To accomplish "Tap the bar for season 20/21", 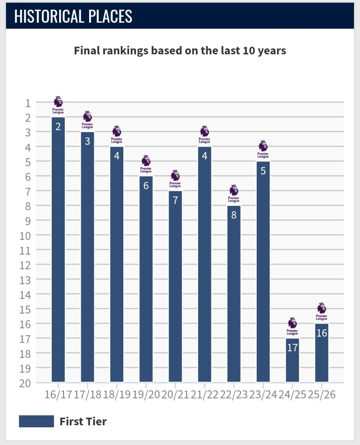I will pyautogui.click(x=175, y=286).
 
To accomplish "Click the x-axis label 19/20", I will pyautogui.click(x=145, y=395).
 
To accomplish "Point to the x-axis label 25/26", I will pyautogui.click(x=321, y=395).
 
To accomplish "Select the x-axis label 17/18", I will pyautogui.click(x=87, y=395).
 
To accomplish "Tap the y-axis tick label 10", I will pyautogui.click(x=25, y=235).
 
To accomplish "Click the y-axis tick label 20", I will pyautogui.click(x=25, y=382).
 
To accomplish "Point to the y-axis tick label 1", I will pyautogui.click(x=28, y=103).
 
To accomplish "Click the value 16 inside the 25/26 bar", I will pyautogui.click(x=321, y=333).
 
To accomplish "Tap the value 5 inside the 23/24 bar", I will pyautogui.click(x=263, y=171).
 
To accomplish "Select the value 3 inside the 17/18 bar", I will pyautogui.click(x=87, y=141).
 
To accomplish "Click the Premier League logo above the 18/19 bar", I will pyautogui.click(x=117, y=135).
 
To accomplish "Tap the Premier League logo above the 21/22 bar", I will pyautogui.click(x=205, y=135).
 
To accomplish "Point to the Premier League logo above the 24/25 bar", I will pyautogui.click(x=292, y=326).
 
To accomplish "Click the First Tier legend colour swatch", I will pyautogui.click(x=36, y=421).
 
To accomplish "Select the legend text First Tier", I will pyautogui.click(x=83, y=421).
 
